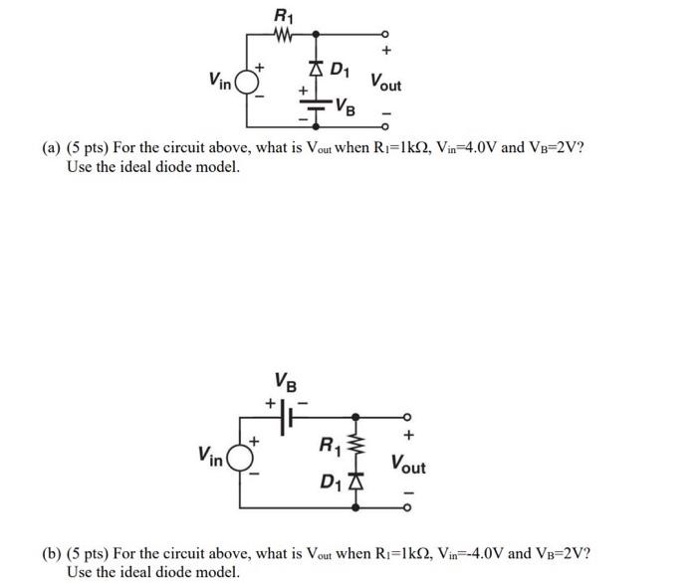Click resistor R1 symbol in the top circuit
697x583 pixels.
click(283, 34)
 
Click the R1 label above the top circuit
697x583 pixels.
click(283, 14)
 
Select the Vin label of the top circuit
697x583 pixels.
click(220, 79)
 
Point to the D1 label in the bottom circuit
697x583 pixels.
click(331, 484)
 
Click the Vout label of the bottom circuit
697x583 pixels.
click(408, 464)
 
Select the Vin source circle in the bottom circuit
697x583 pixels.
click(239, 459)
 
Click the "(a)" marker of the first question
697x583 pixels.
click(52, 149)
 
